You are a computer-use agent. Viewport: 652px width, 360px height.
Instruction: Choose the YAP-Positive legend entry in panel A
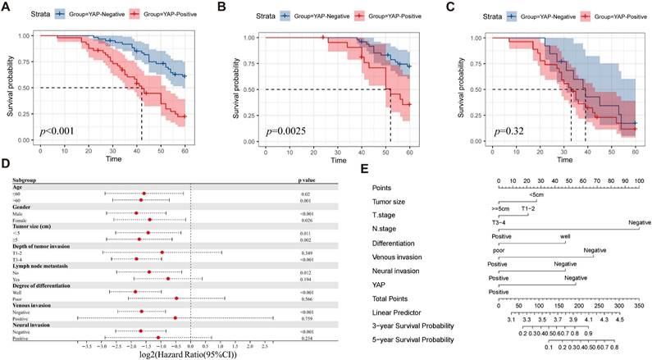pos(143,14)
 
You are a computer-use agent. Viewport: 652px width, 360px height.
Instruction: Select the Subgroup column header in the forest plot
pos(25,178)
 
